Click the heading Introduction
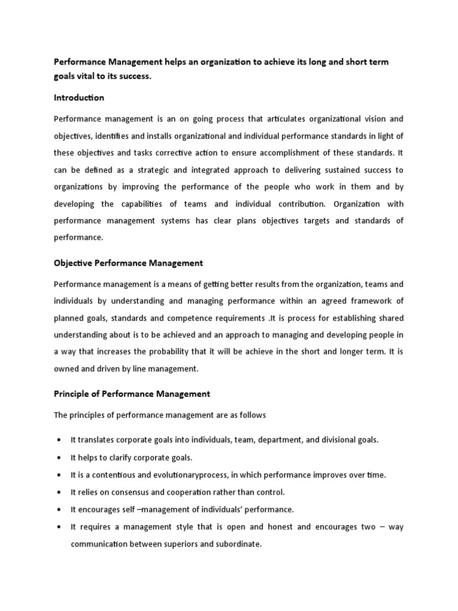[79, 97]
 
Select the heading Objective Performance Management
[128, 263]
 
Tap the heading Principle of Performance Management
[132, 394]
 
